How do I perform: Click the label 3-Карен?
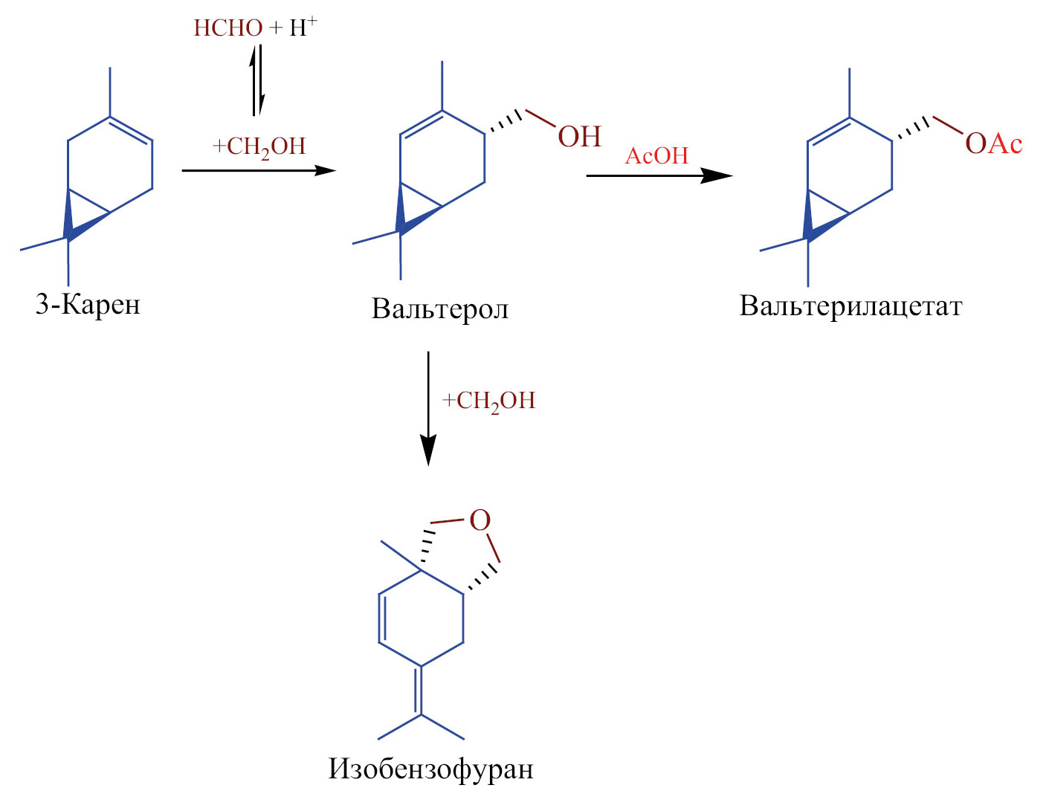pos(88,305)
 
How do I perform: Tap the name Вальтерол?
pos(440,309)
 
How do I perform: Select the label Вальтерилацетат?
pos(850,306)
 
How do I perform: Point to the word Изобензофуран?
pos(430,768)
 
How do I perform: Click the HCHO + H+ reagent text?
pos(255,28)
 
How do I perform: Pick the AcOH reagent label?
pos(657,156)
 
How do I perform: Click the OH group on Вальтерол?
pos(579,137)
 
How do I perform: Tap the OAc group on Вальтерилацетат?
pos(993,143)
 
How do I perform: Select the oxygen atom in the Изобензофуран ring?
pos(480,520)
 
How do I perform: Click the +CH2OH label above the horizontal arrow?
pos(259,146)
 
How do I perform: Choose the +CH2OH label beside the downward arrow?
pos(489,401)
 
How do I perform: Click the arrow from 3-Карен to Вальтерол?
pos(258,170)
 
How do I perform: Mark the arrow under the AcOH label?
pos(659,175)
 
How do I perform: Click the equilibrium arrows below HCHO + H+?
pos(256,80)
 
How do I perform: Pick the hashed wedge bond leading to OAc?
pos(912,129)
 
